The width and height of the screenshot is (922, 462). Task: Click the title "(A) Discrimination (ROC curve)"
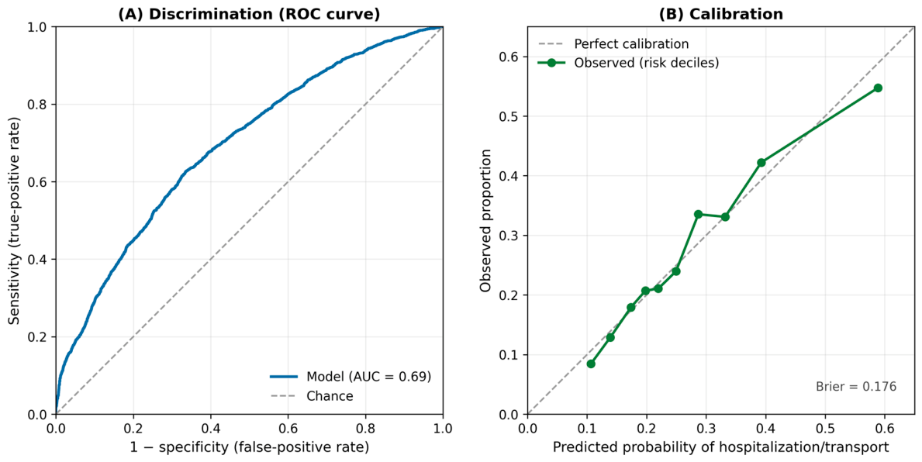[x=249, y=14]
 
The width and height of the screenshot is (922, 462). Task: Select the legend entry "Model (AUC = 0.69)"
[x=351, y=377]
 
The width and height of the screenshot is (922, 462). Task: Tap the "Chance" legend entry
[x=312, y=396]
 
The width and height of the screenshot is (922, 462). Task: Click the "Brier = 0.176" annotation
[x=856, y=386]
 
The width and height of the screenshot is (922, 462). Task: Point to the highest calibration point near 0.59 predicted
[x=878, y=88]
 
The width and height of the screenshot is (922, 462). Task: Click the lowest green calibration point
[x=591, y=364]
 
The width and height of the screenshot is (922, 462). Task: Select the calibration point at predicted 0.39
[x=761, y=162]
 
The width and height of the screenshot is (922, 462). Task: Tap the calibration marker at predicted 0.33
[x=725, y=217]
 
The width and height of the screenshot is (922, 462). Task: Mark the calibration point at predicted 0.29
[x=698, y=215]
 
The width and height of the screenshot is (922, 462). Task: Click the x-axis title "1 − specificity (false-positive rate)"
[x=249, y=447]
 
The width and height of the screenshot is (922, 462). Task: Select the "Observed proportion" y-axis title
[x=485, y=221]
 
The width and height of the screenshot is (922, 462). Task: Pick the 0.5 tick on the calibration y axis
[x=513, y=116]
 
